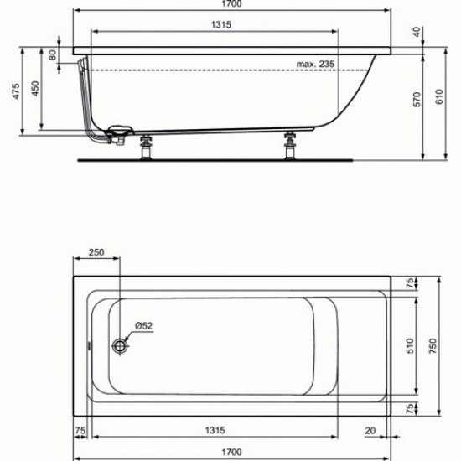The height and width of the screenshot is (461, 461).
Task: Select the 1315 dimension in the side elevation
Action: pyautogui.click(x=215, y=25)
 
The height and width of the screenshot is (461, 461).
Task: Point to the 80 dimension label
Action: pyautogui.click(x=54, y=55)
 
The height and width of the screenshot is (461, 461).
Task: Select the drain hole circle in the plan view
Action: pyautogui.click(x=123, y=344)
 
